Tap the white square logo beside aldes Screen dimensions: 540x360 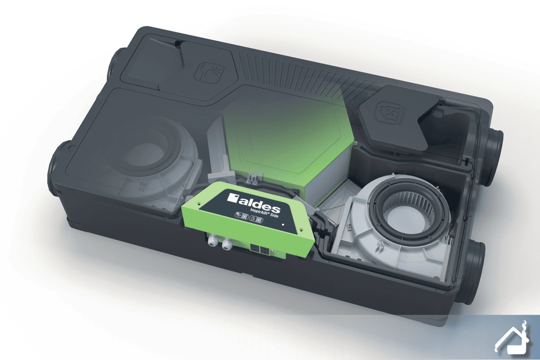232,198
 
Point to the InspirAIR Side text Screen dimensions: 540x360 265,212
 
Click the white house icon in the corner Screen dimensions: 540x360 512,338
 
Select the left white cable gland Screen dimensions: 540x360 212,241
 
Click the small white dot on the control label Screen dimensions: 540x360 283,224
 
